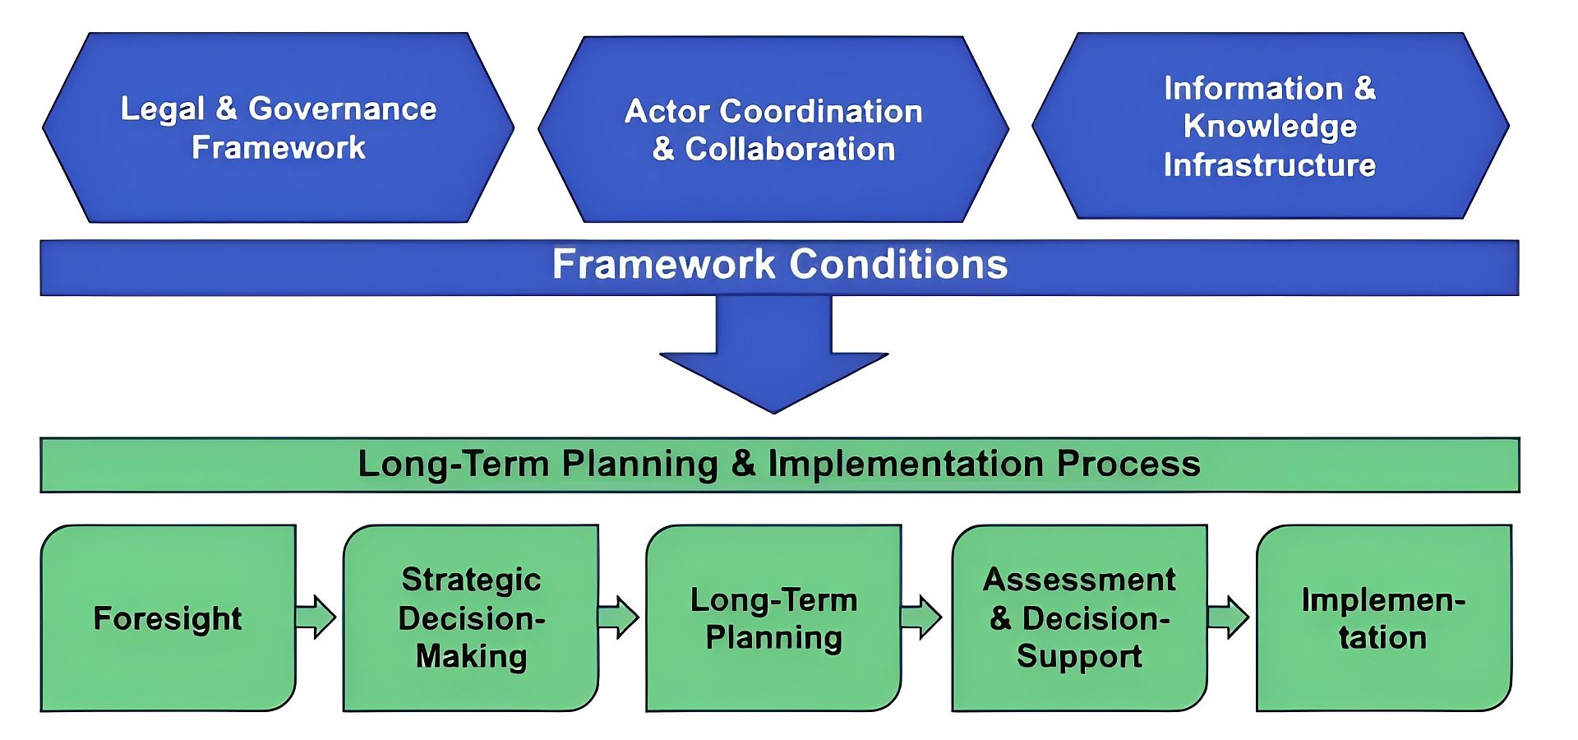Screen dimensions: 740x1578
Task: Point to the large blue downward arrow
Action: pyautogui.click(x=773, y=354)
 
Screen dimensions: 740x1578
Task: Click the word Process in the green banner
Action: pyautogui.click(x=1128, y=464)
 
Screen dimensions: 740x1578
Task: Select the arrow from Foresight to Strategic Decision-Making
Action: pyautogui.click(x=316, y=617)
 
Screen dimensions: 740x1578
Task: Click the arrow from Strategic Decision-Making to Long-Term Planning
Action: pyautogui.click(x=619, y=617)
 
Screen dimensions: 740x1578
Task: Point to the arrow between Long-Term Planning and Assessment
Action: pyautogui.click(x=921, y=617)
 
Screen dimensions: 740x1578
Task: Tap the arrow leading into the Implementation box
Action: pyautogui.click(x=1228, y=617)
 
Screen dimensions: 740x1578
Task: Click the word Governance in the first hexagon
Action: pyautogui.click(x=342, y=109)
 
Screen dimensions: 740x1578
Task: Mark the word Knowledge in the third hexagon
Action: pyautogui.click(x=1270, y=127)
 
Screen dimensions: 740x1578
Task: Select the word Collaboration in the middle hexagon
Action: pyautogui.click(x=790, y=150)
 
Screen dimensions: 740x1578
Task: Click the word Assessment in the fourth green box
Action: pyautogui.click(x=1079, y=580)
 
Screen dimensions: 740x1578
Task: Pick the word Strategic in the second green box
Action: pyautogui.click(x=471, y=580)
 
